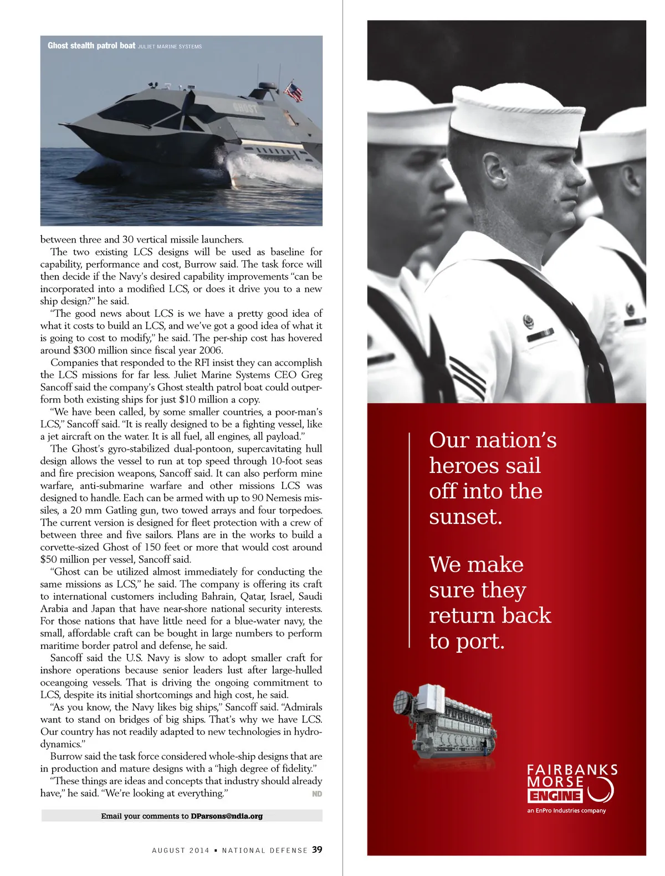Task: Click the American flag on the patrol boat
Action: pos(293,91)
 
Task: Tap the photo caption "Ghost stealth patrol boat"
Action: pos(91,46)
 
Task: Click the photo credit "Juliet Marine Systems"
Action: pos(170,47)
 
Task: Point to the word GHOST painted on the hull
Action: pos(245,107)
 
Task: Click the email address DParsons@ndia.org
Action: pos(227,816)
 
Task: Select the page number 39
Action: pos(317,849)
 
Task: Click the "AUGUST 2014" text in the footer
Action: pos(181,851)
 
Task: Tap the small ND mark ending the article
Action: pos(317,793)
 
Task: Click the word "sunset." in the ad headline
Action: pos(465,517)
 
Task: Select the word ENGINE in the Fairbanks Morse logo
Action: pos(555,796)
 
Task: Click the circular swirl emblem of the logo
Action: pos(601,789)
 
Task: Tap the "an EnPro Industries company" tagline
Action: pos(566,811)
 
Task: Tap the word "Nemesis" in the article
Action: pos(284,498)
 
